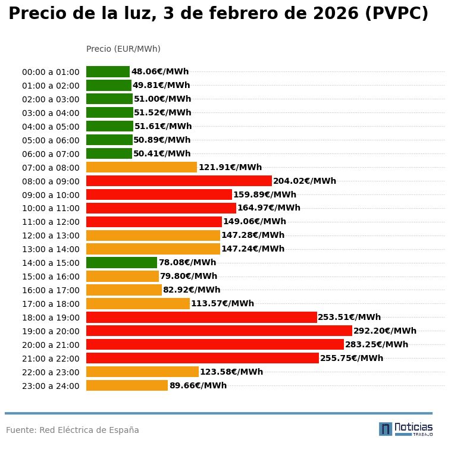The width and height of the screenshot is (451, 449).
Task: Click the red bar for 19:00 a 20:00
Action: click(x=219, y=331)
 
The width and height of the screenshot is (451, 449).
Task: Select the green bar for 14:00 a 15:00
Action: click(x=121, y=262)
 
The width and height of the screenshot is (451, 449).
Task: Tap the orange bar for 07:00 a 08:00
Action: click(x=142, y=167)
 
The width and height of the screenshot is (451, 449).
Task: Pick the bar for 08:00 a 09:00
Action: click(x=178, y=181)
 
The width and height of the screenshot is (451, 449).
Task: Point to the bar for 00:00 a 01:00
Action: click(x=108, y=71)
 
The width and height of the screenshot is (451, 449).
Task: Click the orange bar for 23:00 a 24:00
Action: click(x=127, y=385)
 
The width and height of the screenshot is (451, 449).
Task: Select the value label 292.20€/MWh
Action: click(x=385, y=331)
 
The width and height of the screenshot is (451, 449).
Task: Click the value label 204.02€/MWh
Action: click(x=305, y=181)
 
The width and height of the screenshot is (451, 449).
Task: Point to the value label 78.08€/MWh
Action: click(x=187, y=262)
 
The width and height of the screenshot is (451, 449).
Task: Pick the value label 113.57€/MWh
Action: click(x=223, y=303)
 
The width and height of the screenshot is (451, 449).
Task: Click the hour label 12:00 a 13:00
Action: click(x=51, y=236)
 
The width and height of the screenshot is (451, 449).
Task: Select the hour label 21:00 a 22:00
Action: click(x=51, y=359)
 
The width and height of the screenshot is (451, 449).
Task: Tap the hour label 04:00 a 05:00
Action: click(x=51, y=127)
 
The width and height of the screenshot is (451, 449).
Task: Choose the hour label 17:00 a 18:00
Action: click(x=51, y=304)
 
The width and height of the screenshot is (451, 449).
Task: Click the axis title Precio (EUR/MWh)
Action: click(x=123, y=49)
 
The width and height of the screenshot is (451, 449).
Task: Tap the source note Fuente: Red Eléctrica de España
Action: click(x=73, y=430)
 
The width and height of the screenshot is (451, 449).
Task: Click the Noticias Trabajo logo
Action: click(x=406, y=429)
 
